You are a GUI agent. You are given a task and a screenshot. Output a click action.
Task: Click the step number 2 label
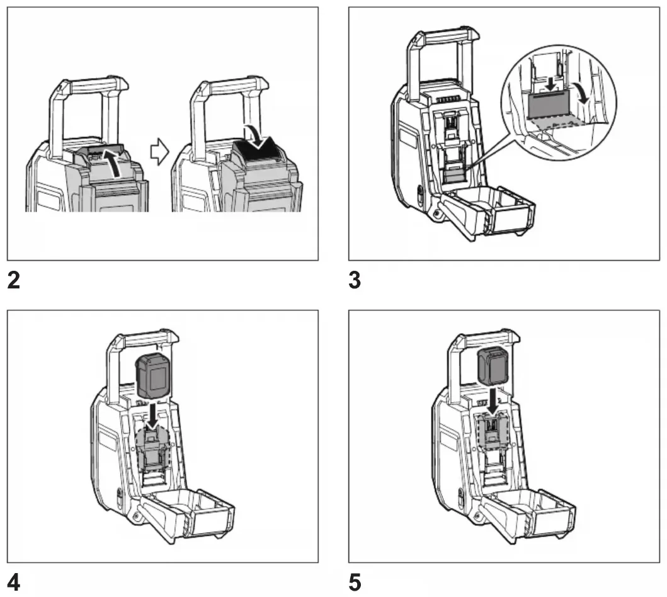(14, 280)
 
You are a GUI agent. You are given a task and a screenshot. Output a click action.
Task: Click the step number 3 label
(355, 280)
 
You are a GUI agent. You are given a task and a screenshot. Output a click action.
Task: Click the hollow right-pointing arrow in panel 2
(159, 151)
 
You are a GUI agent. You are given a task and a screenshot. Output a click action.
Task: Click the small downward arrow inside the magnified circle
(551, 84)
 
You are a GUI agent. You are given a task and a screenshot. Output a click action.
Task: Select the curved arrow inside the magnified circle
(583, 94)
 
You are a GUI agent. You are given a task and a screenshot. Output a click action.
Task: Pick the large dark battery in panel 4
(153, 375)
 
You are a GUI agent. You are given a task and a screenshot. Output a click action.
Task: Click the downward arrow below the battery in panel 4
(152, 415)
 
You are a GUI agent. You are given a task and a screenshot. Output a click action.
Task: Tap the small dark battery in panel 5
(494, 366)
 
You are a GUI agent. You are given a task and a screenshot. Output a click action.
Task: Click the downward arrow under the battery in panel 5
(493, 400)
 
